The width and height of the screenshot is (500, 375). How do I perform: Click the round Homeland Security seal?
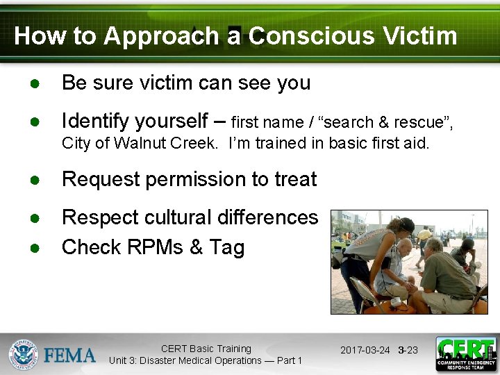click(23, 355)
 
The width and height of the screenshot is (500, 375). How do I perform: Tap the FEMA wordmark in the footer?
click(69, 356)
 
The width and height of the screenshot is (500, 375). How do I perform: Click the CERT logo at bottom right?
click(465, 354)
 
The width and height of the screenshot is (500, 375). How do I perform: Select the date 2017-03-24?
click(365, 350)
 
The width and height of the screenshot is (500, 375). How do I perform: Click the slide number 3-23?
click(408, 350)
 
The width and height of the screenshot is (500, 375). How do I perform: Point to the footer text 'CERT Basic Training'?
click(206, 349)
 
